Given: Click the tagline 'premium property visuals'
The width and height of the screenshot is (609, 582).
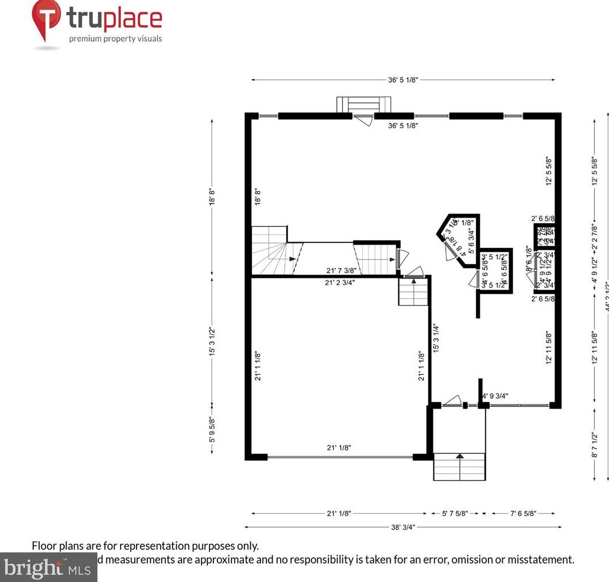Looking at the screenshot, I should [x=115, y=39].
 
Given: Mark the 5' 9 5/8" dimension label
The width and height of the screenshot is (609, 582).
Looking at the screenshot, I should [x=212, y=430].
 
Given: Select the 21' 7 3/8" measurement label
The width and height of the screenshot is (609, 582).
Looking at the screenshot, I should [x=342, y=270].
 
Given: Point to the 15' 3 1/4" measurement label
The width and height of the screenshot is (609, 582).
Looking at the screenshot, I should [x=437, y=338].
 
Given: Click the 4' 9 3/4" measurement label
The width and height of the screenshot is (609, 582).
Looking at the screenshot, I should [x=495, y=395].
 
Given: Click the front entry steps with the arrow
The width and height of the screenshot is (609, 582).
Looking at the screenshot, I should [x=459, y=465].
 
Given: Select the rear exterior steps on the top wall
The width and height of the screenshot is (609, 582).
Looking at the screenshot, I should [x=363, y=105].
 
